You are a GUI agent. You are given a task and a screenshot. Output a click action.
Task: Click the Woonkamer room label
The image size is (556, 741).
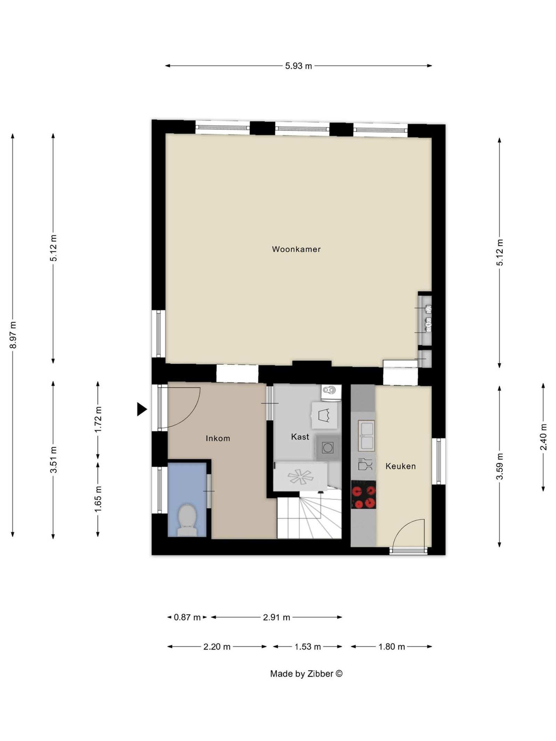296,249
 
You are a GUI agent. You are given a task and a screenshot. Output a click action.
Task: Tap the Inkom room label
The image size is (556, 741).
218,438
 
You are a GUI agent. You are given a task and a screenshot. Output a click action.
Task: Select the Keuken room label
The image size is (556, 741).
400,466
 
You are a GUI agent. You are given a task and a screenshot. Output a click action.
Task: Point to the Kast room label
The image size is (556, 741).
300,437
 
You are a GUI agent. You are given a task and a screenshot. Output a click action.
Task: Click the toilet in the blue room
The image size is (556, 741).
187,520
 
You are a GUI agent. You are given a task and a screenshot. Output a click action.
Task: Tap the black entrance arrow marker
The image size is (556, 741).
141,409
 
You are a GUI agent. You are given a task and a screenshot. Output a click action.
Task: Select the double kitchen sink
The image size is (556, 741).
366,436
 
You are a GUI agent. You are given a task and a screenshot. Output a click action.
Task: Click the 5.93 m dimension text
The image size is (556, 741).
299,66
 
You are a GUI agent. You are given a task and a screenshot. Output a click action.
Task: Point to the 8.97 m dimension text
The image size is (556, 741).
13,335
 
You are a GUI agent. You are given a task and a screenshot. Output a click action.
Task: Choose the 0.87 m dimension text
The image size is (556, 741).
187,617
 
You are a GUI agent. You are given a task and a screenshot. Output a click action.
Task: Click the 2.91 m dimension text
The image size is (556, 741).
277,617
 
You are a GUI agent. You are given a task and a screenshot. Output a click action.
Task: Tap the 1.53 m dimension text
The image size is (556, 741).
308,647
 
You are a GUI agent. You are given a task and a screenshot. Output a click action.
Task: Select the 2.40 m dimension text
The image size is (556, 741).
543,437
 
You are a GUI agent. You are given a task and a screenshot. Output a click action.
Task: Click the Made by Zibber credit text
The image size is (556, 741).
306,674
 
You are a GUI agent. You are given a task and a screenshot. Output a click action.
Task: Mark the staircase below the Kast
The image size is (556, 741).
309,518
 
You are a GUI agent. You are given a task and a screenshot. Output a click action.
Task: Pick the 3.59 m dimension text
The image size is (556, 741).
499,466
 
